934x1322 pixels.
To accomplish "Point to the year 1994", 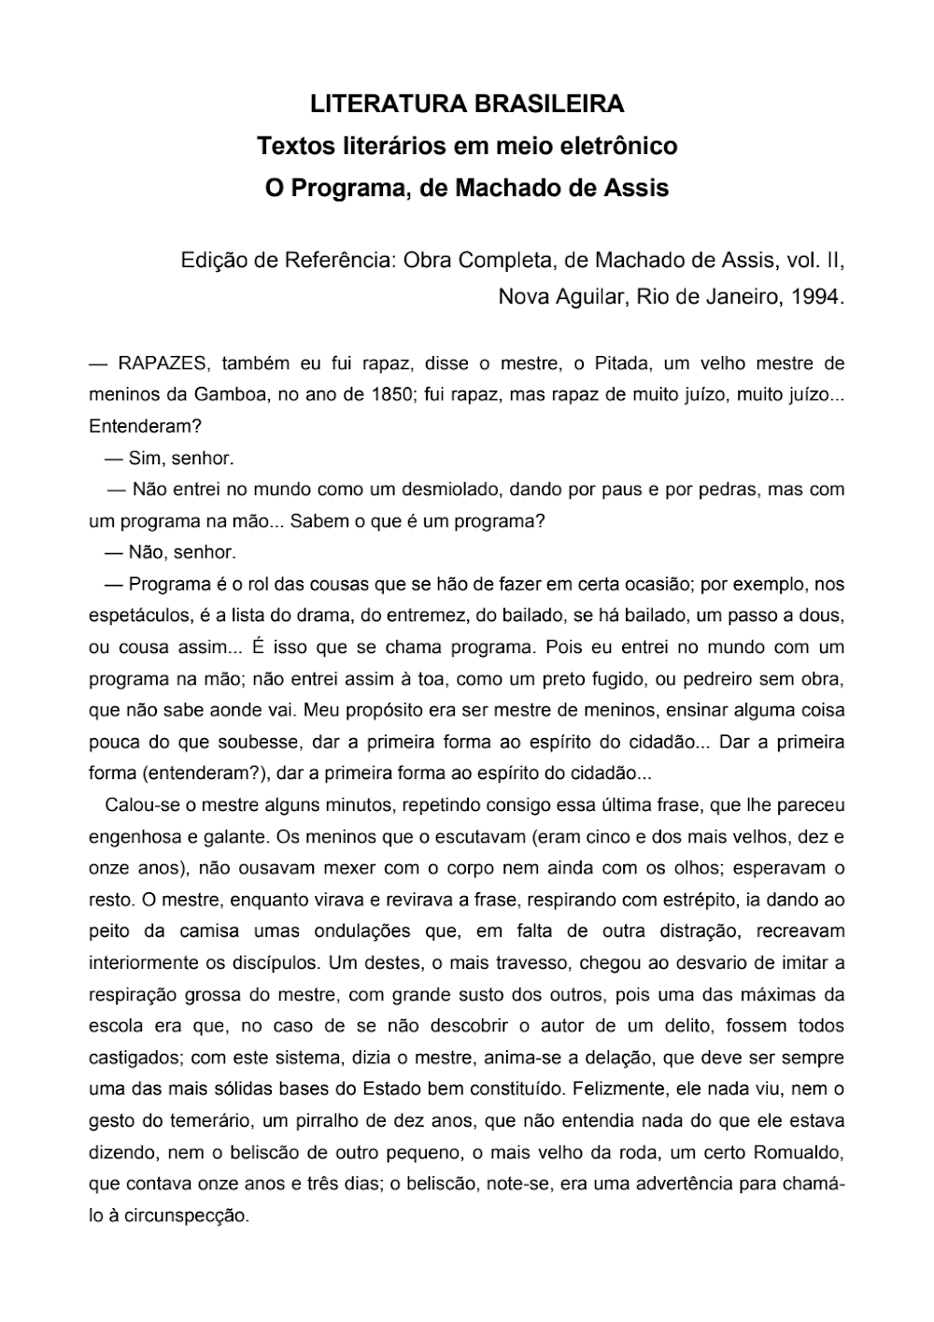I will point(816,297).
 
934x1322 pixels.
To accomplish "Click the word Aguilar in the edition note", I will point(593,297).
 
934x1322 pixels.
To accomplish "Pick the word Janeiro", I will point(731,297).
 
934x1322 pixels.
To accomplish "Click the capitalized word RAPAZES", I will point(164,362).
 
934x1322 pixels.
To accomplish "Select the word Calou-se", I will point(139,804).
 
